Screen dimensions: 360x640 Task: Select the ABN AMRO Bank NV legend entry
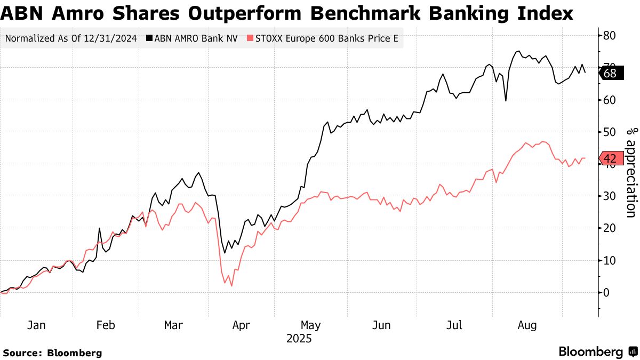[x=193, y=38]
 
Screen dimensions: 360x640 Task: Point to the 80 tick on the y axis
[x=610, y=36]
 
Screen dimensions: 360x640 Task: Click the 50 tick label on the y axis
[x=610, y=132]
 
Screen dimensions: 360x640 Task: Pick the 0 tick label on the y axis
[x=606, y=292]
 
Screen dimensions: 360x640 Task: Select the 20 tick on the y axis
[x=610, y=228]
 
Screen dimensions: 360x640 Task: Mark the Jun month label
[x=381, y=325]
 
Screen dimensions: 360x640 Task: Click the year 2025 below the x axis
[x=299, y=339]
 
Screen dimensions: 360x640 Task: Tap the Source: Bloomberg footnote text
[x=52, y=353]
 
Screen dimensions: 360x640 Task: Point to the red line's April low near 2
[x=231, y=286]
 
